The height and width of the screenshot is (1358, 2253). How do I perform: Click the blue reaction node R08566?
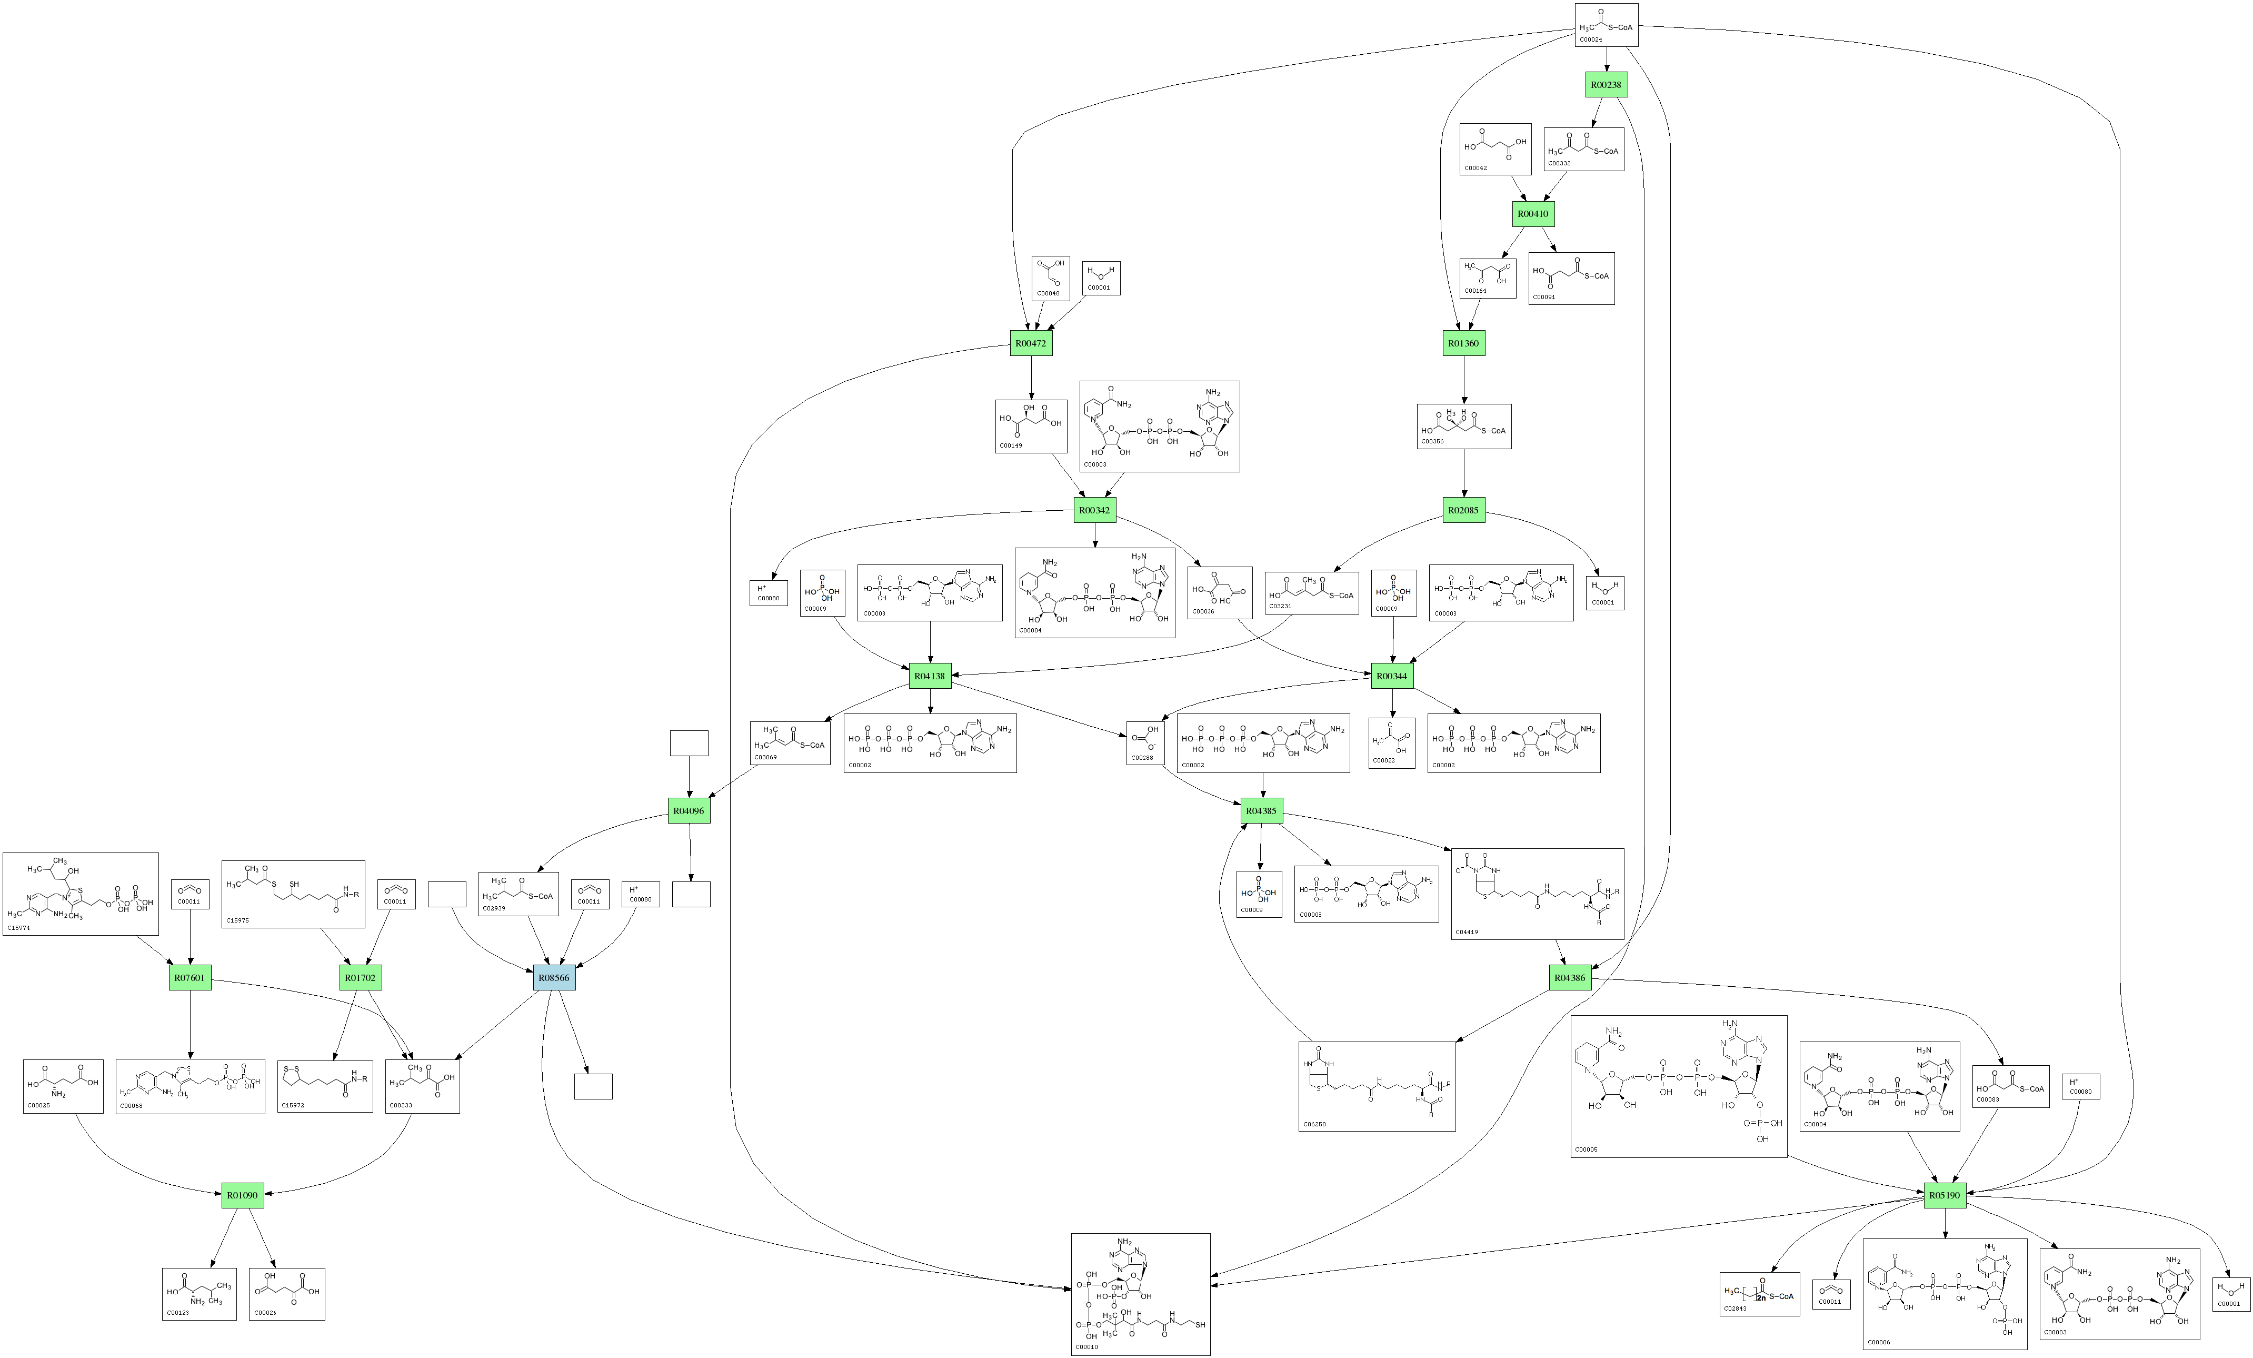(x=554, y=978)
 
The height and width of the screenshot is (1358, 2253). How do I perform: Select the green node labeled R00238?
(x=1606, y=85)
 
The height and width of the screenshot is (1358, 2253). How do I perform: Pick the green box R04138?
(x=930, y=677)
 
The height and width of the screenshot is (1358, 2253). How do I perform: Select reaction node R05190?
(x=1945, y=1195)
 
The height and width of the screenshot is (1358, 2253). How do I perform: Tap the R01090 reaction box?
(x=242, y=1195)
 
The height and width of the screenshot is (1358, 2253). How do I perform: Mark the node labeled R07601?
(x=190, y=978)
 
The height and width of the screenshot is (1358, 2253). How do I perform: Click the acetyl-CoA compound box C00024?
(x=1606, y=25)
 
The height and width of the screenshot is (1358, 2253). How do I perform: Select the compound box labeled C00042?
(x=1495, y=149)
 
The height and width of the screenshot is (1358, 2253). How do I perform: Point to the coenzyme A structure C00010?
(x=1140, y=1294)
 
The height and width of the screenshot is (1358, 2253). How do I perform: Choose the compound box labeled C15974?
(x=81, y=894)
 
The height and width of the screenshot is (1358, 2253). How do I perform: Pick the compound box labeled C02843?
(x=1759, y=1294)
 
